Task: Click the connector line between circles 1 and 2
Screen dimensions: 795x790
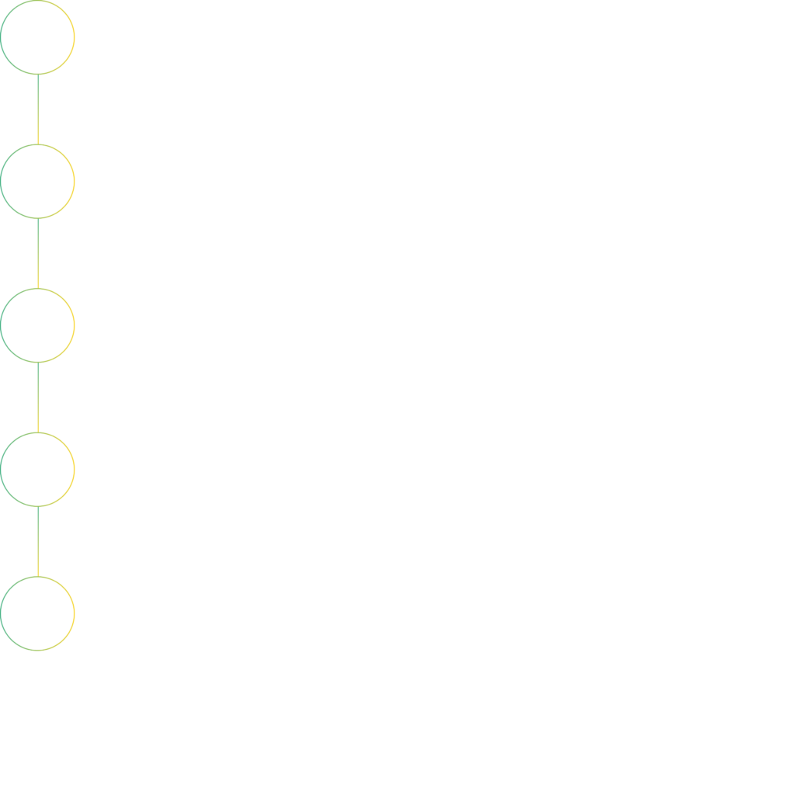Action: (x=38, y=109)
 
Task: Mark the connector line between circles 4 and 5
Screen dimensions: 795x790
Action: (x=38, y=542)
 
